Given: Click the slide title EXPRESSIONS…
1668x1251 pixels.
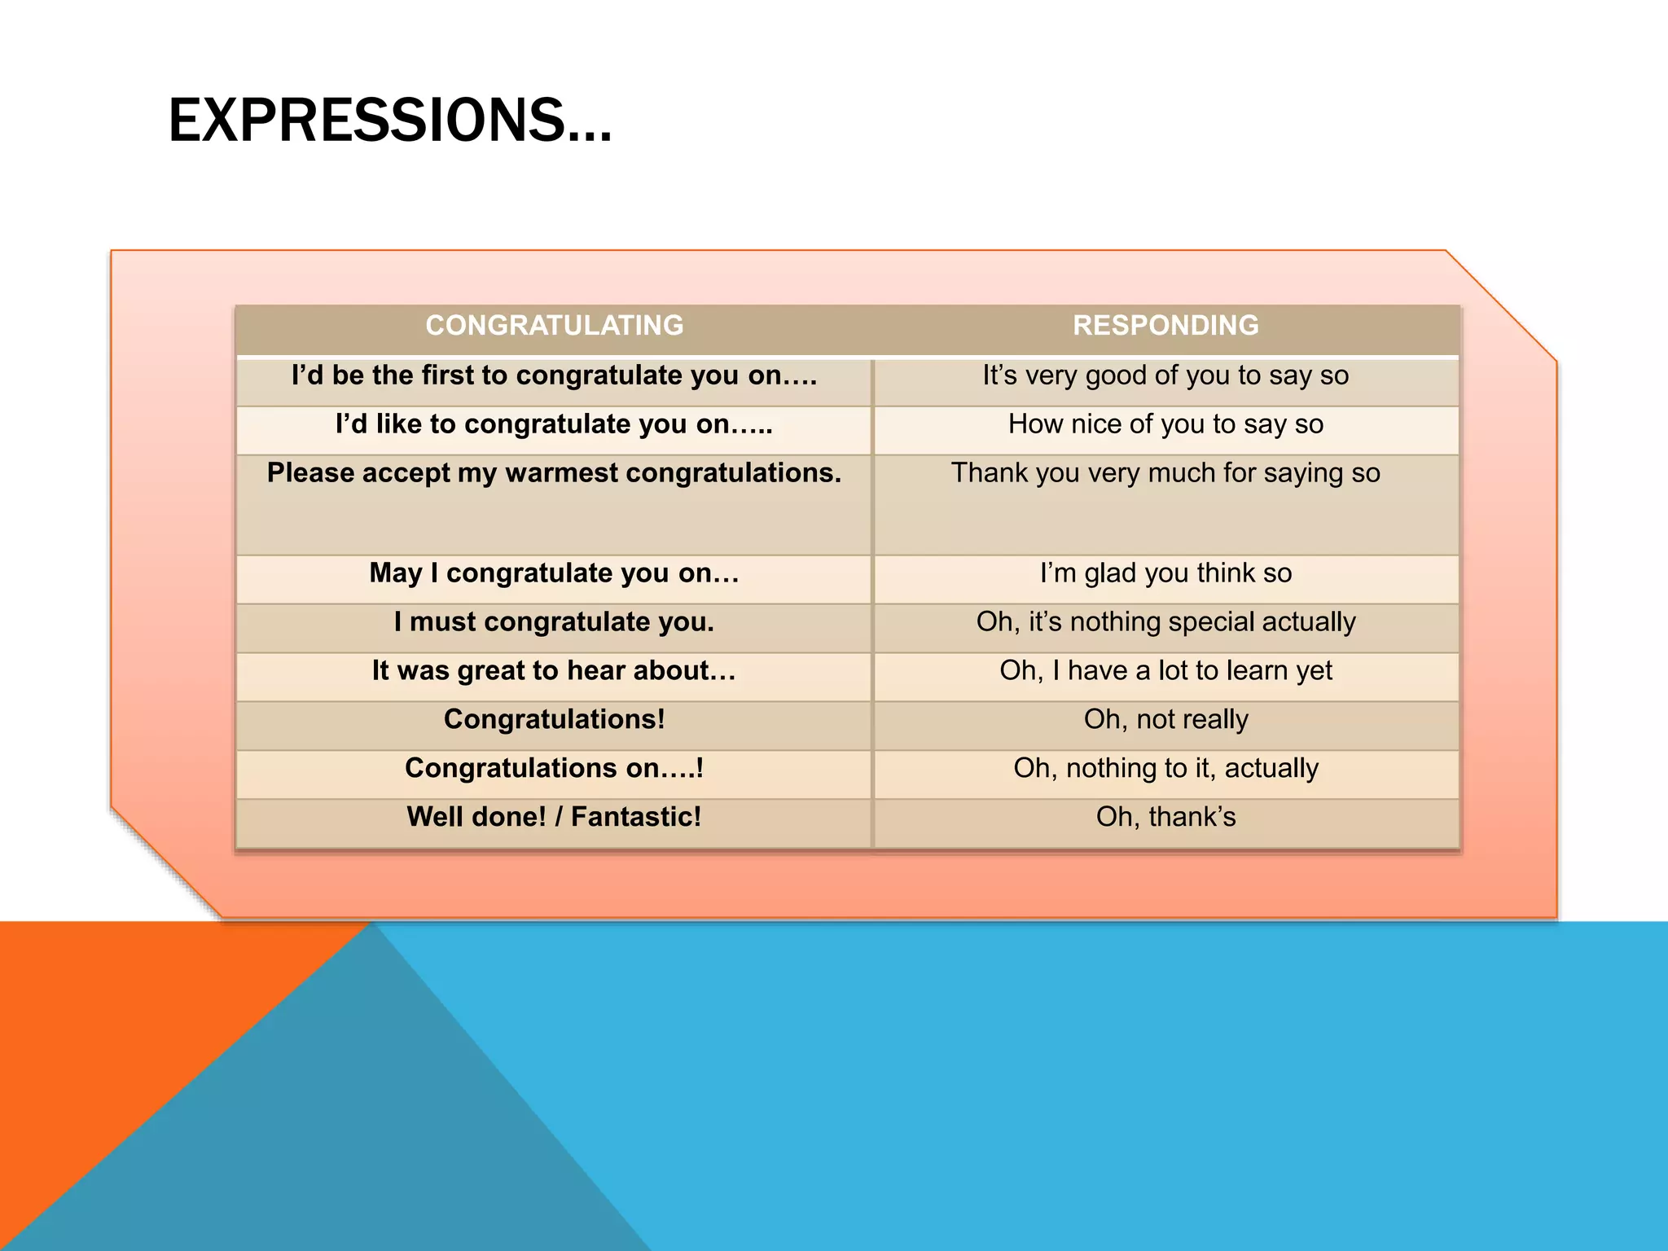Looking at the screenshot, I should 389,121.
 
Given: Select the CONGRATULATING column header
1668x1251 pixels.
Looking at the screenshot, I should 554,326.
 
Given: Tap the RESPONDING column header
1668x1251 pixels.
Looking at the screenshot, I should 1165,326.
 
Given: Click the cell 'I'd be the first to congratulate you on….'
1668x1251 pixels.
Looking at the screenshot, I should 554,375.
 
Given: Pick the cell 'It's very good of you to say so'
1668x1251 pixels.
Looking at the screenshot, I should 1165,375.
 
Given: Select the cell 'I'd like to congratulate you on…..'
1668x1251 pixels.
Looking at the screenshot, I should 554,424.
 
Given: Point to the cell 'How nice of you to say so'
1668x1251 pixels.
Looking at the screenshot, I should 1165,424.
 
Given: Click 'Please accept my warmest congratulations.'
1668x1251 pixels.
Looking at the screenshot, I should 554,473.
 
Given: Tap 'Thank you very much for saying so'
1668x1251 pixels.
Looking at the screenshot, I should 1165,473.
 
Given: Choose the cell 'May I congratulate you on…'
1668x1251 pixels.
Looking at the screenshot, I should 554,573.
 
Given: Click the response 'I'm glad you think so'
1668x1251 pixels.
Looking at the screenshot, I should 1165,573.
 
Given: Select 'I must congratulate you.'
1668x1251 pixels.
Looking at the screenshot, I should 554,622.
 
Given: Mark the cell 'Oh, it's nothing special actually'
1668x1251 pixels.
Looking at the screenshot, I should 1165,622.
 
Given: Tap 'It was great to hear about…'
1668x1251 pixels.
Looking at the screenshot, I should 554,671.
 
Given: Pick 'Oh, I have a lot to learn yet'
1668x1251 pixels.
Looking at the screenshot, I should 1165,671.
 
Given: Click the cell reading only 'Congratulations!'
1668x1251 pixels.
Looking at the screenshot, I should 554,720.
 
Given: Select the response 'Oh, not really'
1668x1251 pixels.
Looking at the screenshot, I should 1165,720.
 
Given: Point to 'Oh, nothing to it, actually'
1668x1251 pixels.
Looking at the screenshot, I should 1165,769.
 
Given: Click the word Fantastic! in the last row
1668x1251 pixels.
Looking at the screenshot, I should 635,817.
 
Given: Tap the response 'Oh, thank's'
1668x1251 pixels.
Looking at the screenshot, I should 1165,817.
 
